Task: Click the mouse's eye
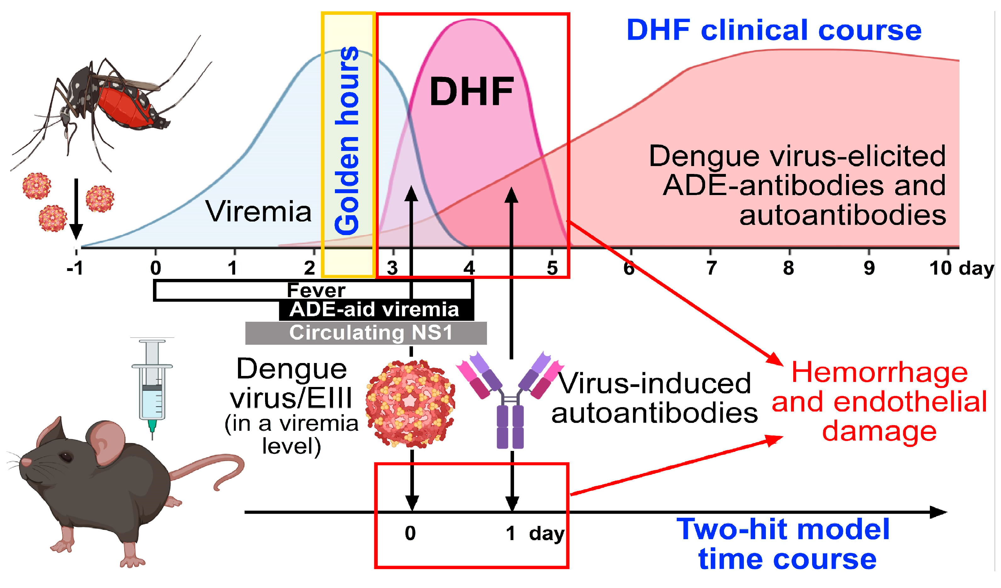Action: (66, 457)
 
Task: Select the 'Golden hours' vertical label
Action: (347, 140)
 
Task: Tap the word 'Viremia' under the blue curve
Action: (258, 211)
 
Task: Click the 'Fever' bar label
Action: (316, 290)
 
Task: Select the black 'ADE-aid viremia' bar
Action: (376, 310)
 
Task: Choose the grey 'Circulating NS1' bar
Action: (366, 333)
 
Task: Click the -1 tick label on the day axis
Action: (75, 268)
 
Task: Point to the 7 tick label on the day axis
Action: (711, 268)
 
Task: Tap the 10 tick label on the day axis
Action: (941, 268)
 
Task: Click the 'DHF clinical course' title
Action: (774, 30)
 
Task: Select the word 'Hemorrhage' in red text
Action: (879, 373)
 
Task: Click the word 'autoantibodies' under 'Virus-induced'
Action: (655, 413)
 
